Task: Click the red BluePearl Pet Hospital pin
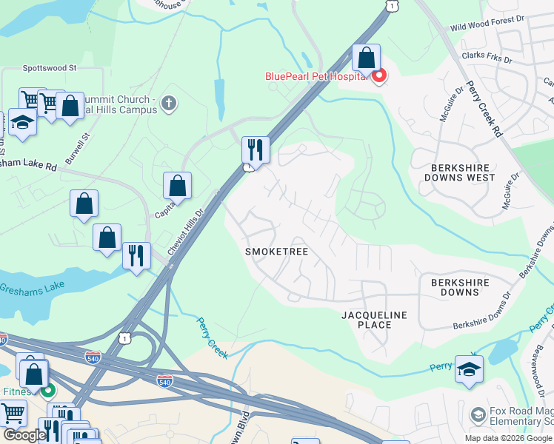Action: tap(378, 75)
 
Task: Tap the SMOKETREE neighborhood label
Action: tap(276, 252)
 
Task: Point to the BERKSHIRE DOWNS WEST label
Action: tap(459, 172)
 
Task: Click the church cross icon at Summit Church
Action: tap(169, 103)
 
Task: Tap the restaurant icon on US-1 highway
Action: tap(255, 149)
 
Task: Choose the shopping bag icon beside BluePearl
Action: tap(366, 58)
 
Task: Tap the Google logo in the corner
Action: tap(24, 435)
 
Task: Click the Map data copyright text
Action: tap(507, 438)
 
